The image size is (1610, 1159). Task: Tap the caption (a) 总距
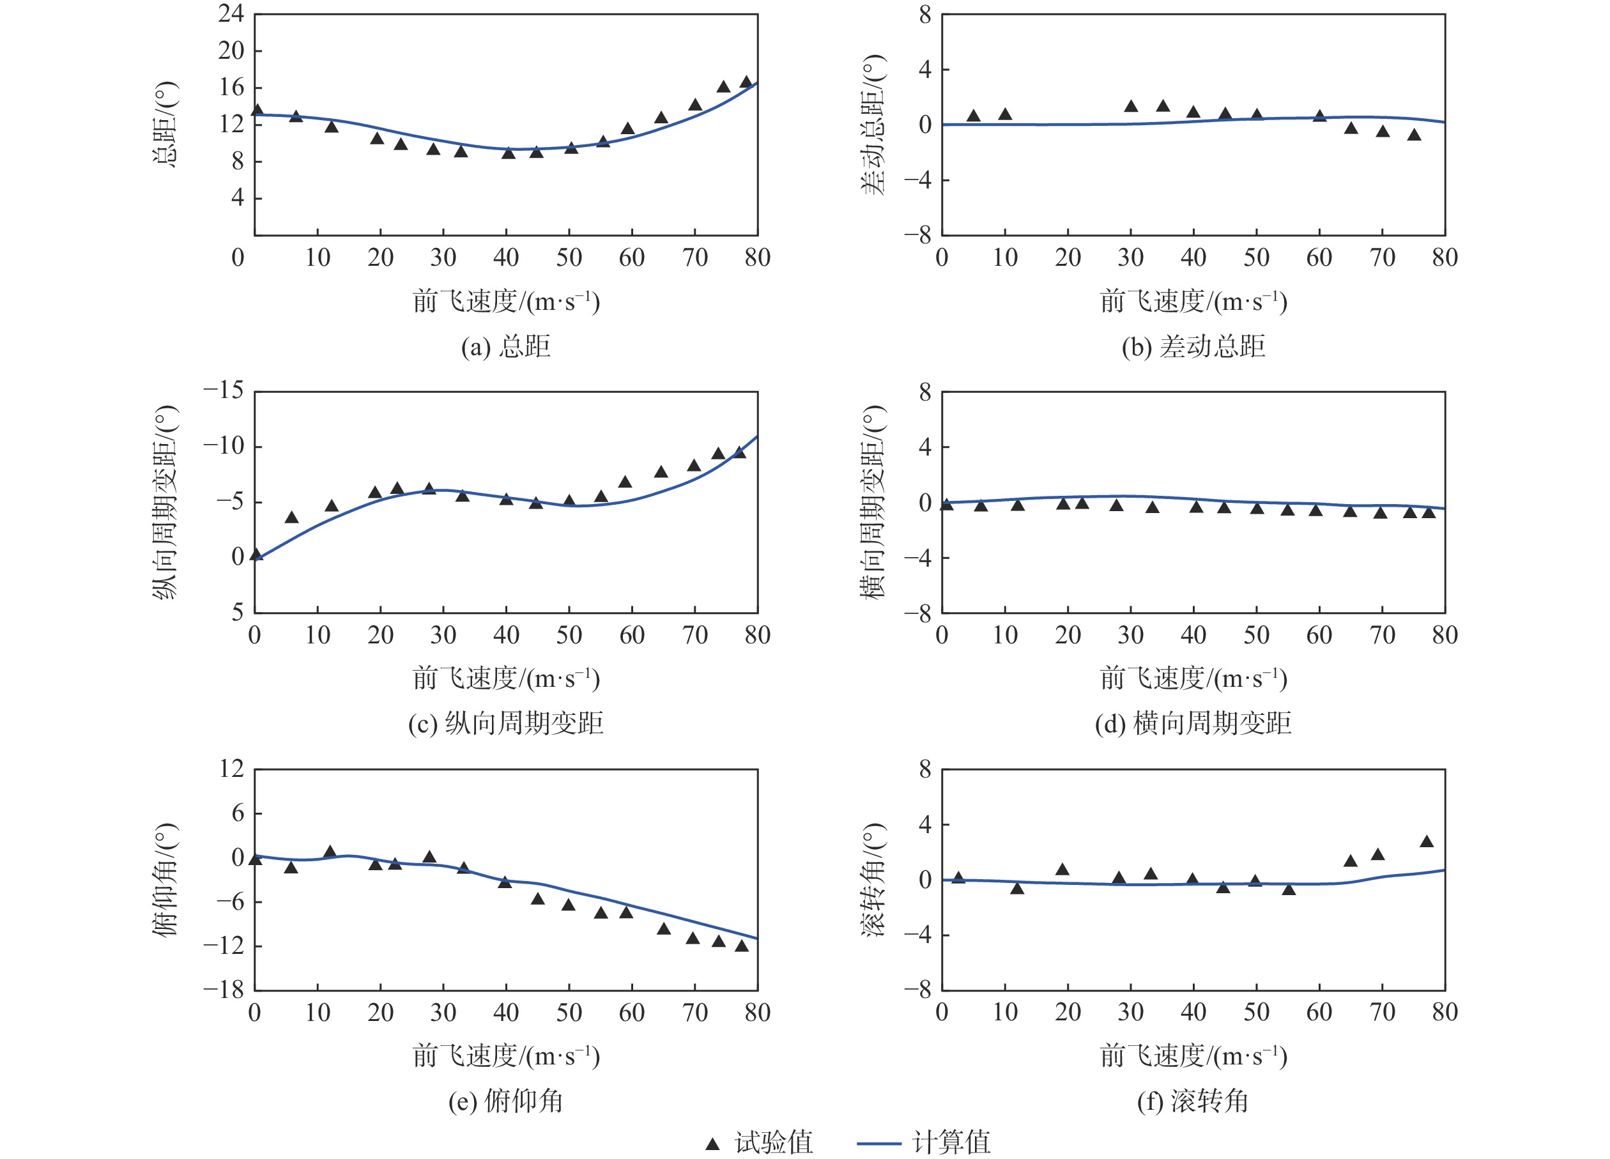click(x=505, y=346)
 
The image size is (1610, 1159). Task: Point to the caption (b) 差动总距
click(x=1193, y=346)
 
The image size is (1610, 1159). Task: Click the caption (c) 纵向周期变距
click(x=505, y=723)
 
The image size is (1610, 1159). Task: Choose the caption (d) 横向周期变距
click(x=1193, y=723)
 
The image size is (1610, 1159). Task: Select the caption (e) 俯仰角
click(x=505, y=1101)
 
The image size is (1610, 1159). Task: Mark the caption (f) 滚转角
click(x=1193, y=1101)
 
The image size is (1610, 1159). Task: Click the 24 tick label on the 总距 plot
click(x=231, y=13)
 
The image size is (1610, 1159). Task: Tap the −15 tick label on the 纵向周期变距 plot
click(x=224, y=390)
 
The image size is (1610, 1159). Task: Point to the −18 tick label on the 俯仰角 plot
click(x=224, y=990)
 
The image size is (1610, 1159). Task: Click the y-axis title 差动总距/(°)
click(x=874, y=124)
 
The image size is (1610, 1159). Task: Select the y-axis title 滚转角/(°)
click(x=874, y=880)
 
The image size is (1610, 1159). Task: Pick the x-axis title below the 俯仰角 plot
click(x=505, y=1056)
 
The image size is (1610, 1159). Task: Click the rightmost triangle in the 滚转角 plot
click(x=1427, y=841)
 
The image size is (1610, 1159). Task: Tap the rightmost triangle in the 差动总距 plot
click(x=1414, y=135)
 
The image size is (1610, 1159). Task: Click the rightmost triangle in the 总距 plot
click(x=746, y=82)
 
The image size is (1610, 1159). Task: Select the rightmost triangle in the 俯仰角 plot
click(x=742, y=946)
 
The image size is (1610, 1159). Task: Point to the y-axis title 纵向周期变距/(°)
click(x=165, y=502)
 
